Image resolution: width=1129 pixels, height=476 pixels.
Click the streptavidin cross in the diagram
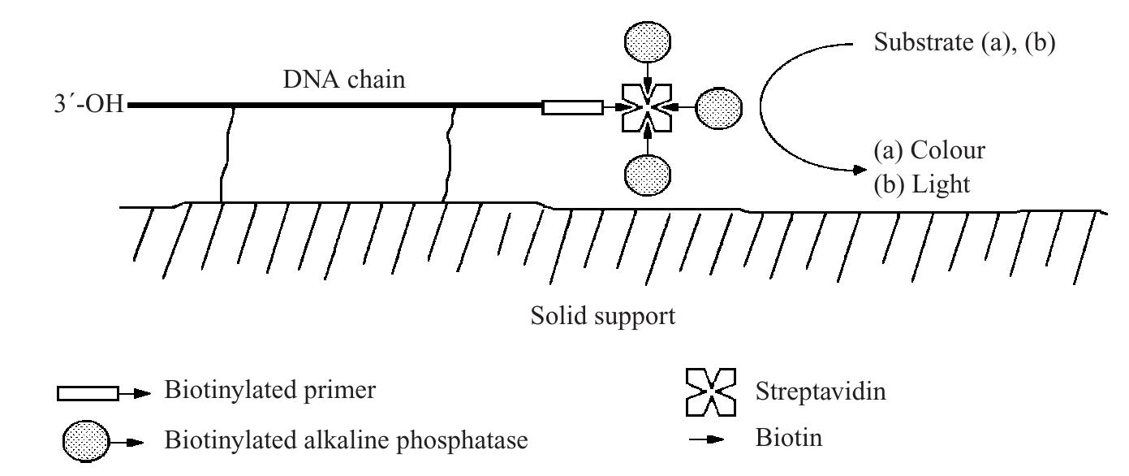click(646, 107)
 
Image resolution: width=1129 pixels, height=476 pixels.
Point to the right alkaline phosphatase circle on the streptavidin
click(718, 106)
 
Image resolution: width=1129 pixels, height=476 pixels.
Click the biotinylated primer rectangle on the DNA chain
click(572, 107)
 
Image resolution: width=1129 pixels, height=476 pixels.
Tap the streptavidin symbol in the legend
click(712, 390)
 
